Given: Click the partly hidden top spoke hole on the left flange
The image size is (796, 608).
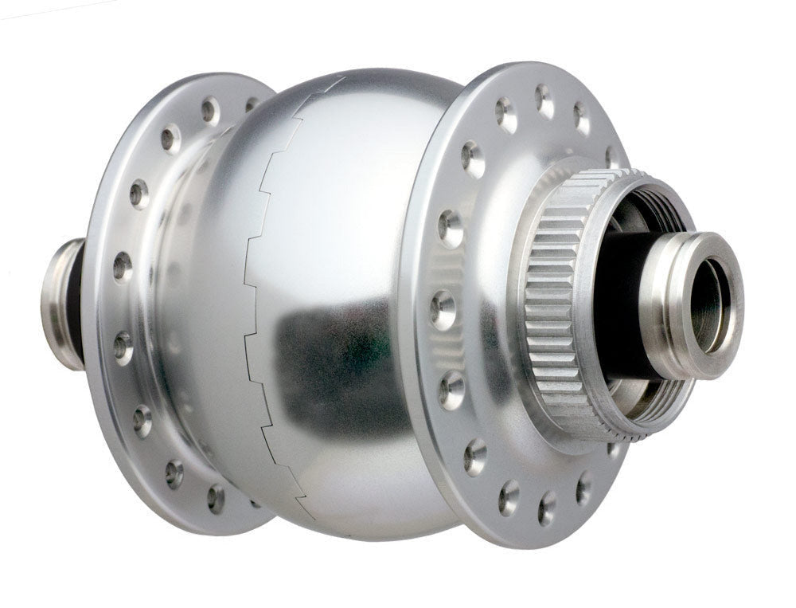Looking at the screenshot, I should tap(252, 104).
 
